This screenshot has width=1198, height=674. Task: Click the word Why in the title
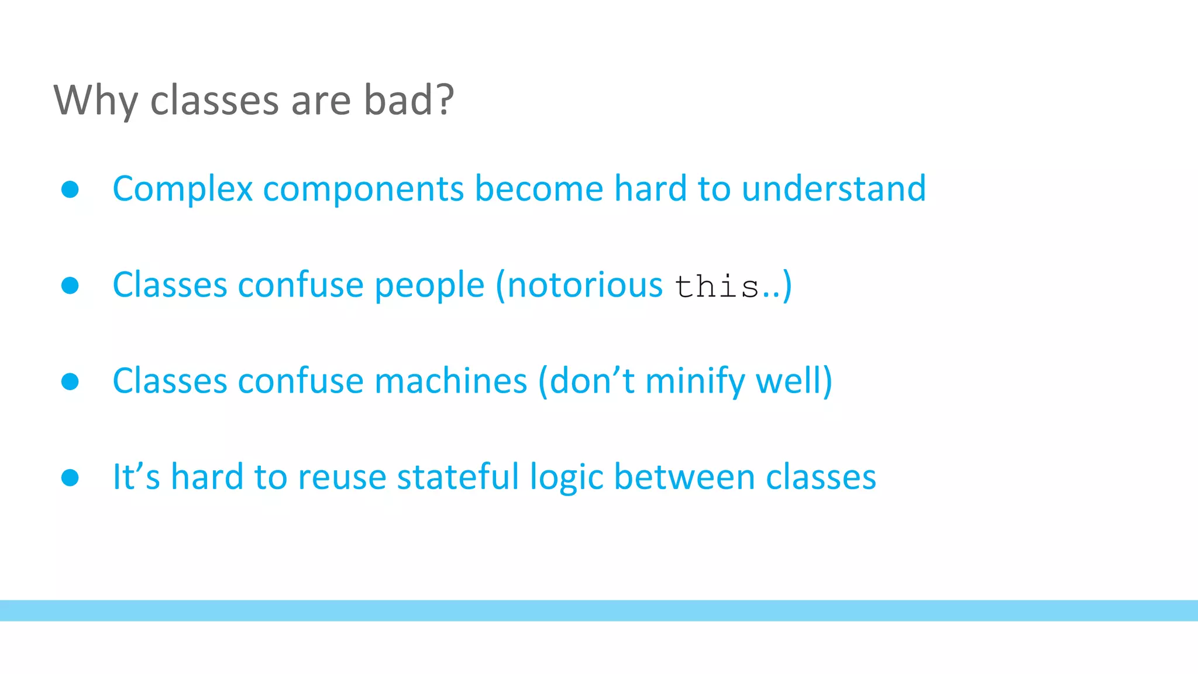(96, 101)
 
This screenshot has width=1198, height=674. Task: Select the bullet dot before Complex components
(70, 189)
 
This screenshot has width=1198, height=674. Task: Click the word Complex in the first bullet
(183, 189)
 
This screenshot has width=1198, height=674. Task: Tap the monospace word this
(717, 287)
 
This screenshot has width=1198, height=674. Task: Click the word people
(429, 287)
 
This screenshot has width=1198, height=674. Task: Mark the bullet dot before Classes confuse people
(70, 286)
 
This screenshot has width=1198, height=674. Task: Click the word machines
(450, 381)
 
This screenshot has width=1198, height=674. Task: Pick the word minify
(695, 382)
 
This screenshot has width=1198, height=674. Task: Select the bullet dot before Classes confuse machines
(70, 381)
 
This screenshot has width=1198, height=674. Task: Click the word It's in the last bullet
(136, 476)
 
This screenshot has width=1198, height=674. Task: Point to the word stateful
(458, 476)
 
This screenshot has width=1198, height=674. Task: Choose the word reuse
(342, 477)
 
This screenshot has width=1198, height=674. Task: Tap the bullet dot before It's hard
(70, 477)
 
